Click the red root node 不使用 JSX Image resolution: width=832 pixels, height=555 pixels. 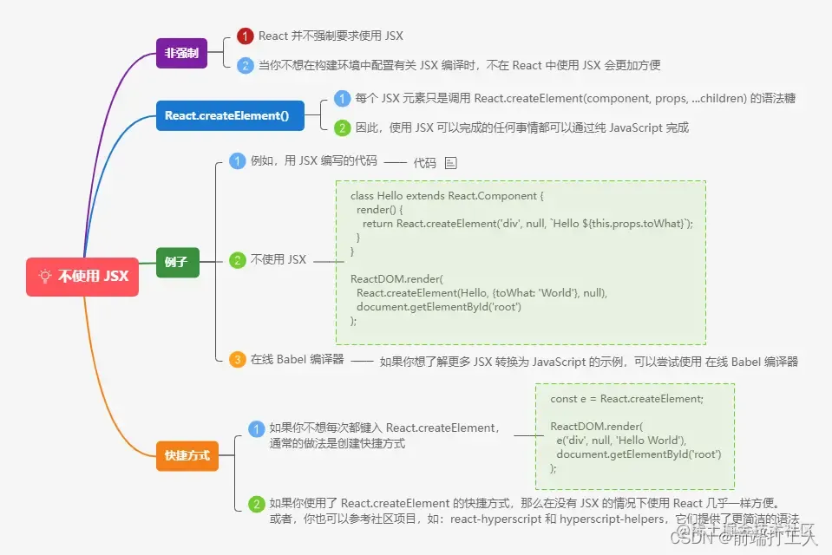pyautogui.click(x=82, y=277)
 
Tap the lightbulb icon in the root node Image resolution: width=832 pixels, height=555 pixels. pyautogui.click(x=45, y=277)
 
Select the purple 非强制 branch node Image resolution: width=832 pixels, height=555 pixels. pyautogui.click(x=181, y=54)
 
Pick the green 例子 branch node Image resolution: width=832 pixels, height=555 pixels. pyautogui.click(x=177, y=261)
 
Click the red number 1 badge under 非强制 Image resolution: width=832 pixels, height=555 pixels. pyautogui.click(x=246, y=36)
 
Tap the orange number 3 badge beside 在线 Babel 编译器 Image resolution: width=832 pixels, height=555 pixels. pyautogui.click(x=238, y=360)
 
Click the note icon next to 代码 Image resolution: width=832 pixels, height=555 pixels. pyautogui.click(x=450, y=163)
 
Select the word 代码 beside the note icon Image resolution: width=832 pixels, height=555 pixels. pyautogui.click(x=424, y=163)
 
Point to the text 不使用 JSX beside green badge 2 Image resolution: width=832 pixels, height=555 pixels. pyautogui.click(x=278, y=260)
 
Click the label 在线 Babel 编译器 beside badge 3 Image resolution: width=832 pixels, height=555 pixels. pyautogui.click(x=298, y=360)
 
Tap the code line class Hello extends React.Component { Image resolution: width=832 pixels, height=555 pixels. pyautogui.click(x=446, y=196)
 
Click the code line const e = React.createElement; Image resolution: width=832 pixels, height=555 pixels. pyautogui.click(x=626, y=399)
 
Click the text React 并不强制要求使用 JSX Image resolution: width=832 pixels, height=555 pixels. pyautogui.click(x=331, y=36)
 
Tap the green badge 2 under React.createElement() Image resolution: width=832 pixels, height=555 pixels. pyautogui.click(x=343, y=127)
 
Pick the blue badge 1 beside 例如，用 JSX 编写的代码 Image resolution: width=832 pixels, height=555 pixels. pyautogui.click(x=238, y=160)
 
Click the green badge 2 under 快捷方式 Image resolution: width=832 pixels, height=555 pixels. pyautogui.click(x=257, y=504)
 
